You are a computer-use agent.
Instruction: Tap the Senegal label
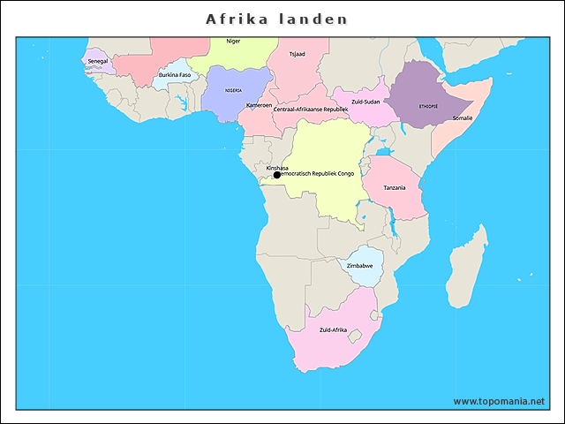[97, 61]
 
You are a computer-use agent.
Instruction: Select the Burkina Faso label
[175, 75]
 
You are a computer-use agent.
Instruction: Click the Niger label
[233, 42]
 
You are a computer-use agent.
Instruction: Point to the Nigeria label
[233, 90]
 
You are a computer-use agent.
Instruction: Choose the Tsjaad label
[297, 54]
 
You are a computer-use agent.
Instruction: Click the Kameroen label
[260, 105]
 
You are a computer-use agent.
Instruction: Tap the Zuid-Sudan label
[365, 102]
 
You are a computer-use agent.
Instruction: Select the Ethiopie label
[428, 106]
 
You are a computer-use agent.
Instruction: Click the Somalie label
[463, 117]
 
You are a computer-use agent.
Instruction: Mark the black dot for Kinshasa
[276, 175]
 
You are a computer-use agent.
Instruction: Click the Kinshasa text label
[277, 167]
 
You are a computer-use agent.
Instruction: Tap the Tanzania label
[395, 187]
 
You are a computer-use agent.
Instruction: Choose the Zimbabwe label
[359, 266]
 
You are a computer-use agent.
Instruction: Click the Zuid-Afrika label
[333, 330]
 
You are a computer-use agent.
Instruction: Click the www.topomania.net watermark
[499, 401]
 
